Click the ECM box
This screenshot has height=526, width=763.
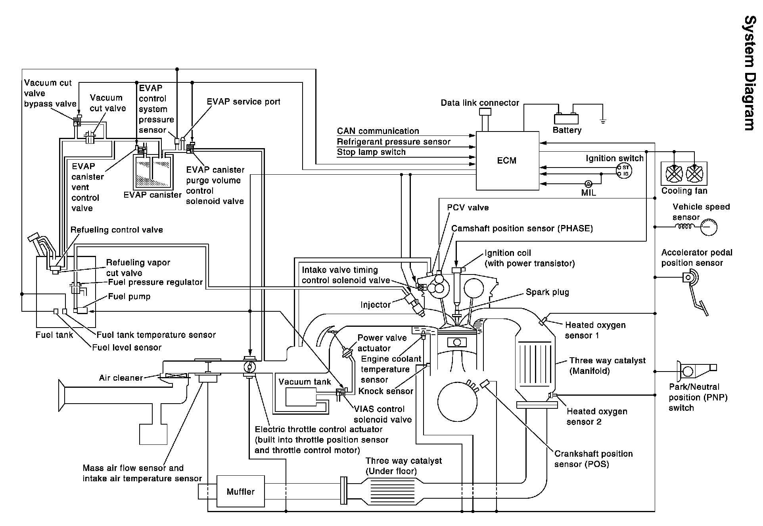(x=507, y=160)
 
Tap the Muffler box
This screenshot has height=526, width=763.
(x=240, y=492)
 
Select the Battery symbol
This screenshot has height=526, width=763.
(x=566, y=118)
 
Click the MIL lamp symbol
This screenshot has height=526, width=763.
(x=589, y=184)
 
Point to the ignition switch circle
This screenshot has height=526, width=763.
(x=624, y=171)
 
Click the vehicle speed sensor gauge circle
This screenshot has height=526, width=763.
(x=708, y=227)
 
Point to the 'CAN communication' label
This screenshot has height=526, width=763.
(x=378, y=131)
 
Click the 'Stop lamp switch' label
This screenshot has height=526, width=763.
(x=371, y=152)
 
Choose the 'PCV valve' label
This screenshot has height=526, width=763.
(x=468, y=208)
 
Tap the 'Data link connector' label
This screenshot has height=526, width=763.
(x=479, y=103)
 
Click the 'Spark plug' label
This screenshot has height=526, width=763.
(x=547, y=292)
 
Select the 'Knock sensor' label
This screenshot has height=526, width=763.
(x=385, y=391)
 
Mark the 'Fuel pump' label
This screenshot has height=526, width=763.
(x=129, y=297)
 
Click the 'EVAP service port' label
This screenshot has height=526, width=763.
(x=243, y=102)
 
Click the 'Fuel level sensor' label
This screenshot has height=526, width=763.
(x=127, y=348)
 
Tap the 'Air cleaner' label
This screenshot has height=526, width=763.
(x=121, y=378)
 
